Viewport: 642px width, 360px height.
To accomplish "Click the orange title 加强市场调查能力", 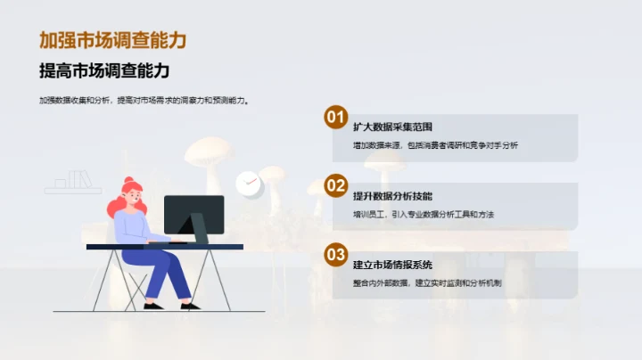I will [112, 40].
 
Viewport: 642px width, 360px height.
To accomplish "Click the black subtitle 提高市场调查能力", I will [104, 70].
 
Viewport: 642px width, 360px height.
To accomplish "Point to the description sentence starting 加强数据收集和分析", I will [144, 101].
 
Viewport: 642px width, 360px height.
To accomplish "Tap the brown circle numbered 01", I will [335, 117].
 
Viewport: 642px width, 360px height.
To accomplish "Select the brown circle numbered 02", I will [335, 185].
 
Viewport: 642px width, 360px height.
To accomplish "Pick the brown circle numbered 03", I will [335, 255].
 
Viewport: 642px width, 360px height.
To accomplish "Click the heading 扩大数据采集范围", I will [392, 127].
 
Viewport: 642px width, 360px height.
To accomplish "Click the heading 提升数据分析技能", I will [392, 195].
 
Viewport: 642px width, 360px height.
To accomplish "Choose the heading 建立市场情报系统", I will [392, 265].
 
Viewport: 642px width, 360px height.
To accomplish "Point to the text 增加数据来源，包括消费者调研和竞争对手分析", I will [435, 145].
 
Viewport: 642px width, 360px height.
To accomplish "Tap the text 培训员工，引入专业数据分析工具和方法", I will [423, 215].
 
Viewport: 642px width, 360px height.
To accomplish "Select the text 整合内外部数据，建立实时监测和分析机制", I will [426, 283].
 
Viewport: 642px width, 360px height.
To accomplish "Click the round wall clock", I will [249, 184].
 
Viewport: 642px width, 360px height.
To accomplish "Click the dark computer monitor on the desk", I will [193, 214].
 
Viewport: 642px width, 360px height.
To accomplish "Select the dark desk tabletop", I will [164, 247].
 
